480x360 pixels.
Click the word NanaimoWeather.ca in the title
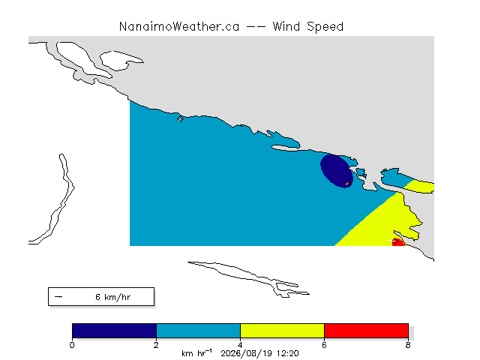tap(179, 27)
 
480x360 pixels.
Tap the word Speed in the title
tap(325, 27)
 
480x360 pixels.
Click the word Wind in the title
tap(286, 27)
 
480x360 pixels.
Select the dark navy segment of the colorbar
tap(114, 331)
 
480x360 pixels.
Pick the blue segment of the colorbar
tap(198, 331)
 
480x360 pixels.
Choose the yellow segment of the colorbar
tap(282, 331)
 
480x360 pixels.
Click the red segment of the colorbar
tap(366, 331)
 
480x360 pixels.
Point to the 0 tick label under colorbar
tap(72, 345)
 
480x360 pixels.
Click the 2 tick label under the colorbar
tap(156, 345)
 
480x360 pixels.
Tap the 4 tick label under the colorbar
tap(240, 345)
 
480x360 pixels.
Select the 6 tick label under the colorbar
tap(324, 345)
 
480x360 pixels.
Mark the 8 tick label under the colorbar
tap(408, 345)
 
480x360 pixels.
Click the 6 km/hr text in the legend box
tap(113, 297)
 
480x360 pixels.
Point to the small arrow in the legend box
tap(58, 297)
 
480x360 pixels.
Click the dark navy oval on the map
tap(336, 171)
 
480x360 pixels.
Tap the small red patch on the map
tap(398, 242)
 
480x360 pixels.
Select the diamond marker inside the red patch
tap(395, 241)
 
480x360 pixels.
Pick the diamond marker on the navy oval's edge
tap(347, 183)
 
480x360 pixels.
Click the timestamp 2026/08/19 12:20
tap(259, 353)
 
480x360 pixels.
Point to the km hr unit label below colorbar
tap(196, 353)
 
